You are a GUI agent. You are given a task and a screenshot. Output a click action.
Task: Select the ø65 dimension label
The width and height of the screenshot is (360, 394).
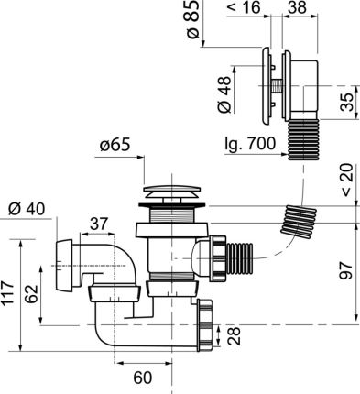click(x=118, y=146)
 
